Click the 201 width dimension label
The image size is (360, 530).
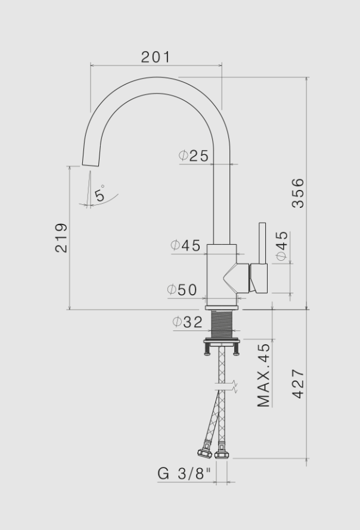pyautogui.click(x=156, y=57)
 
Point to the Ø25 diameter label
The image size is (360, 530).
pyautogui.click(x=194, y=156)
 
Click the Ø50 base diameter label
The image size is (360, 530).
pyautogui.click(x=182, y=290)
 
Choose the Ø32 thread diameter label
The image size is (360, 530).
pyautogui.click(x=187, y=322)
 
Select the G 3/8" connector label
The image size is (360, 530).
pyautogui.click(x=185, y=474)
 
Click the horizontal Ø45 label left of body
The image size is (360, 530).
pyautogui.click(x=185, y=245)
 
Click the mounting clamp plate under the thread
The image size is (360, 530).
pyautogui.click(x=222, y=342)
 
